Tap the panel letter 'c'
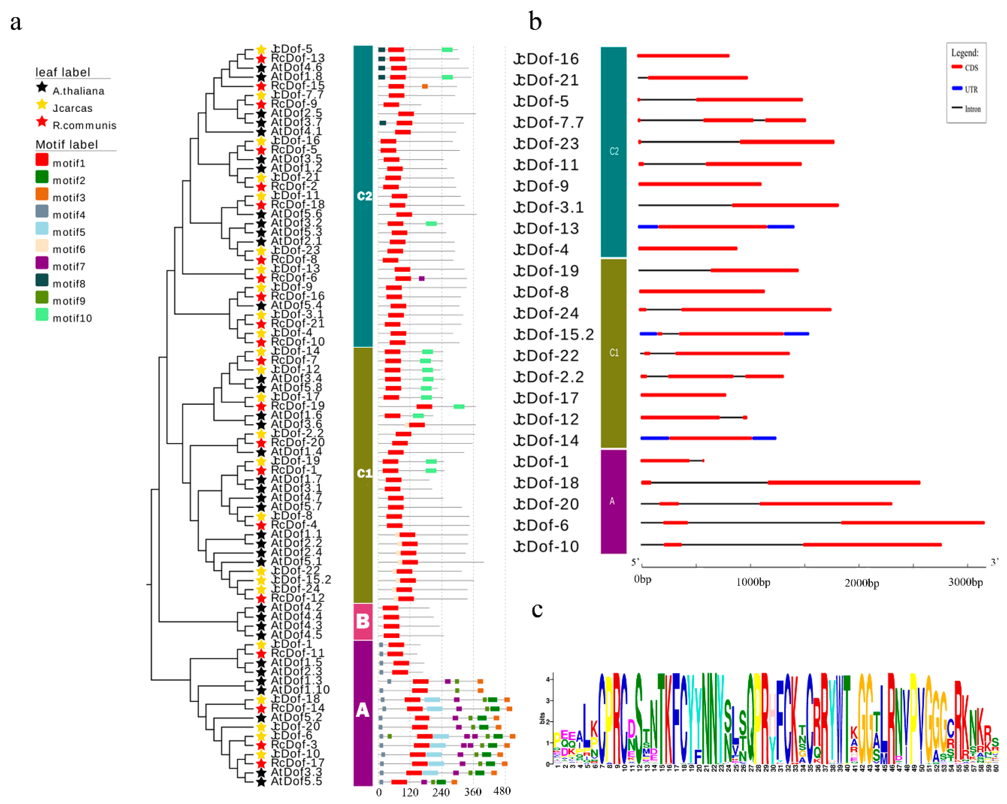click(x=537, y=609)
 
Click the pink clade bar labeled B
click(x=363, y=621)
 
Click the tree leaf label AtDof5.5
click(x=296, y=781)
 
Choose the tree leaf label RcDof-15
click(x=298, y=85)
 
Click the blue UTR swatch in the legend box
click(x=957, y=88)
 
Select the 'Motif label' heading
click(x=67, y=144)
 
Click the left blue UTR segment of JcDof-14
click(x=654, y=438)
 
